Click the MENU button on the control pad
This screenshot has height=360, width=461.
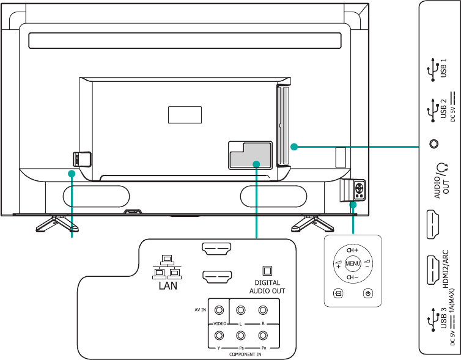[352, 264]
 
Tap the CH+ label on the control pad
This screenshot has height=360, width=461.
[352, 251]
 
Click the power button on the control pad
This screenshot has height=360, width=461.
[367, 293]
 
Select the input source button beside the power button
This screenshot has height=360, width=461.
[337, 293]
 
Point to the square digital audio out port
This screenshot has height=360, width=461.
[267, 270]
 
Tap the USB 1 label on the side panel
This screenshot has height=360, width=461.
[444, 68]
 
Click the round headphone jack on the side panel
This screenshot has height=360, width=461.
[434, 144]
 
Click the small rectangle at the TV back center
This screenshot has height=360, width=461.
[184, 114]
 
